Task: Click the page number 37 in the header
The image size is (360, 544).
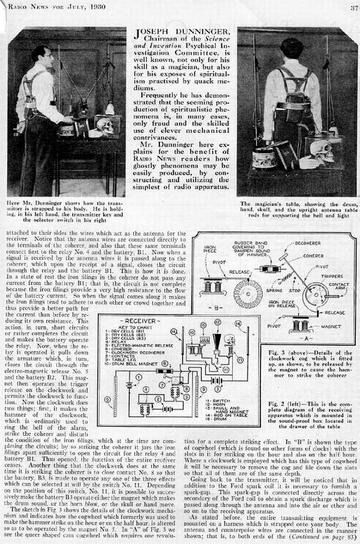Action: tap(352, 8)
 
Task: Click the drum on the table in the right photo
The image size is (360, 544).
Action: tap(264, 159)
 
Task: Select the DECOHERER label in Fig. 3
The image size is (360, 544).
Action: tap(307, 243)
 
